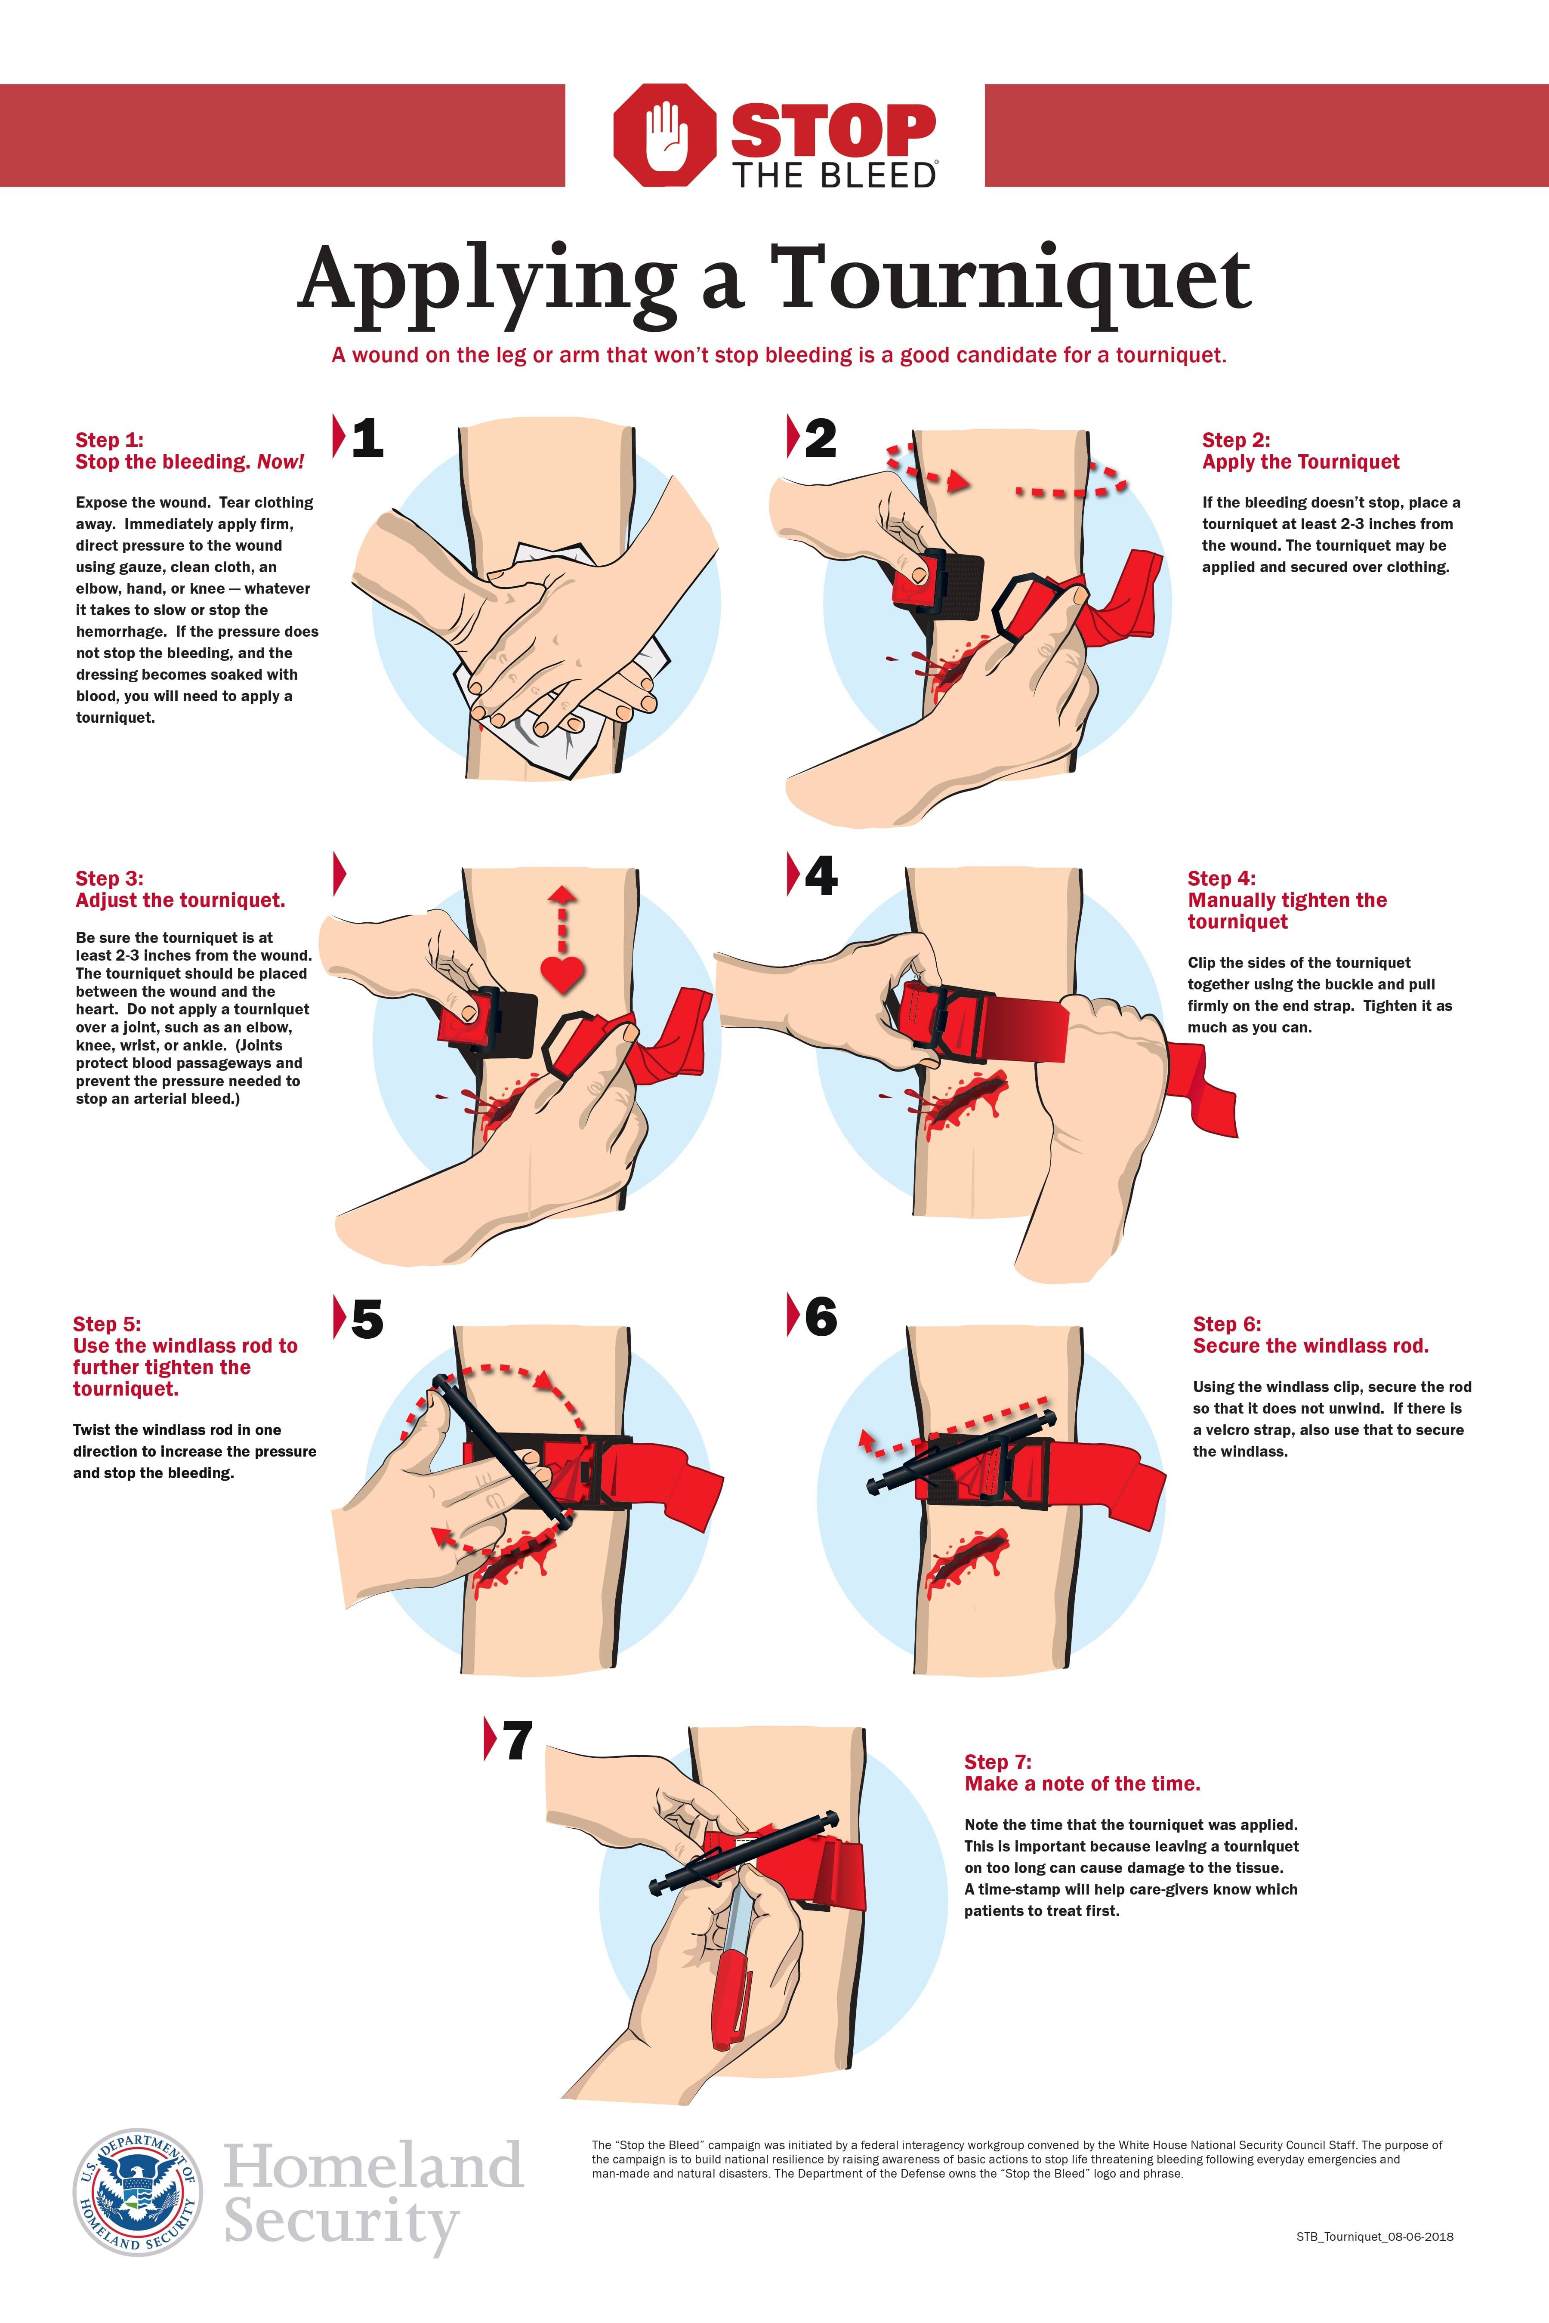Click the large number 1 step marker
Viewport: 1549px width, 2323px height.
(367, 437)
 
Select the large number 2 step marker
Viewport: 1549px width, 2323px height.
(820, 437)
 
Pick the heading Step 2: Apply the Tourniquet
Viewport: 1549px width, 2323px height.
(1300, 451)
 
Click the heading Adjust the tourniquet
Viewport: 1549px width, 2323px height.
(180, 900)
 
